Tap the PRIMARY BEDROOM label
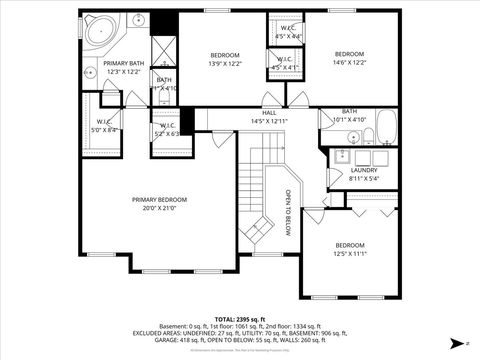[x=158, y=199]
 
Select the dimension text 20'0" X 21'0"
[x=158, y=208]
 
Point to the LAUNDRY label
[x=364, y=170]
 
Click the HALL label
[x=269, y=113]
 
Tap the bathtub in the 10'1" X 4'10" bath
[x=386, y=126]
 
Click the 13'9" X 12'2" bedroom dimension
[x=224, y=62]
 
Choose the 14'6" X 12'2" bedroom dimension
[x=349, y=62]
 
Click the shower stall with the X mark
[x=164, y=50]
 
